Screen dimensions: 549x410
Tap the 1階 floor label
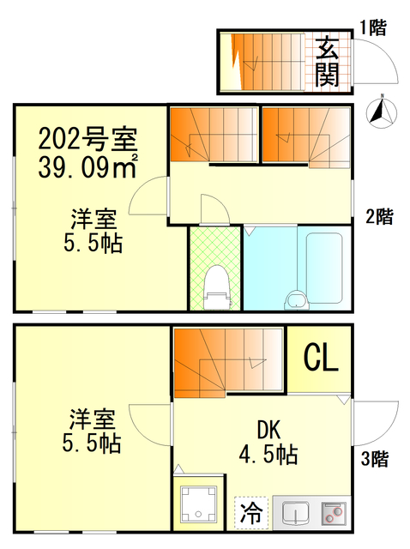click(372, 27)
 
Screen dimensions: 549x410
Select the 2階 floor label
click(379, 217)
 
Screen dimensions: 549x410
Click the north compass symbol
click(379, 111)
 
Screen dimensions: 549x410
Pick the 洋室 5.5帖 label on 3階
click(92, 432)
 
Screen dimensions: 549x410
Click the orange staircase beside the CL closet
click(227, 361)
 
